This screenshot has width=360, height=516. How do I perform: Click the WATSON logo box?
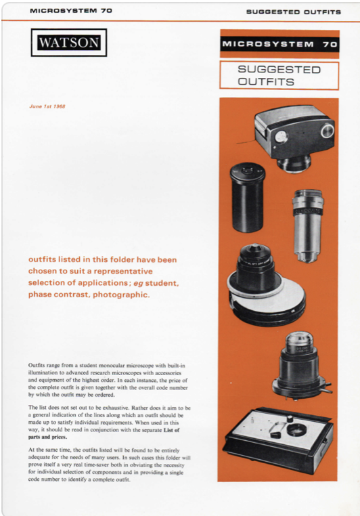point(68,43)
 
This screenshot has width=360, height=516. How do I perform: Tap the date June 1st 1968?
point(46,106)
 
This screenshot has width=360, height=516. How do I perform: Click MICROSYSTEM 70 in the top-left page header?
point(71,11)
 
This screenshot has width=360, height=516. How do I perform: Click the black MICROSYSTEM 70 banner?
point(279,44)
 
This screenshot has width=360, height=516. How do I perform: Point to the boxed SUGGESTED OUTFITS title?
point(279,75)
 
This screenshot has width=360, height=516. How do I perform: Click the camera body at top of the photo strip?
point(294,132)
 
